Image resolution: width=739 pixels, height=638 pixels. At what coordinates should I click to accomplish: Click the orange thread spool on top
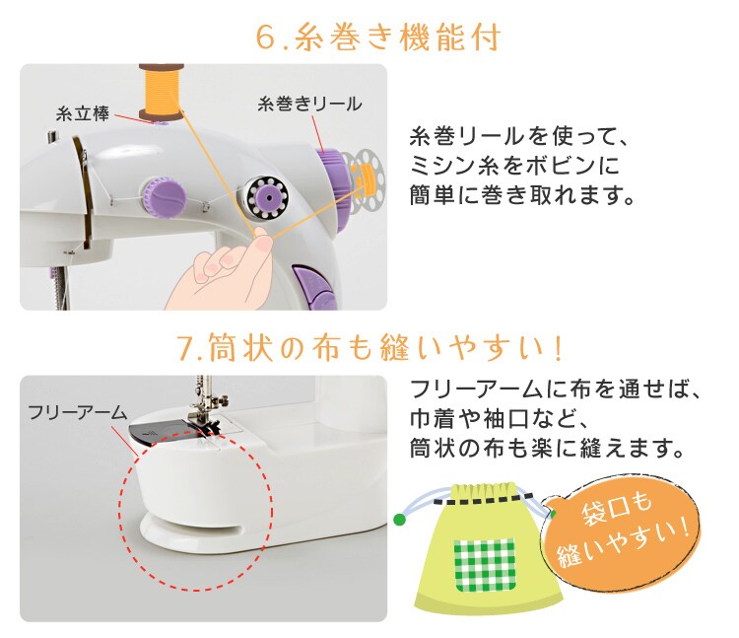[161, 92]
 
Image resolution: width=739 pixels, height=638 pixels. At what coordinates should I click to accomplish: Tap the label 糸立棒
[83, 114]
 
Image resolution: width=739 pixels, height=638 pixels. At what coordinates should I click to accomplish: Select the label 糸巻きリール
[309, 105]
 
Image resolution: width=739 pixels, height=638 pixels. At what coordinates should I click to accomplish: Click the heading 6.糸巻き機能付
[377, 36]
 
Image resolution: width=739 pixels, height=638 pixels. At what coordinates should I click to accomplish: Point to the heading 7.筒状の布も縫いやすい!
[370, 347]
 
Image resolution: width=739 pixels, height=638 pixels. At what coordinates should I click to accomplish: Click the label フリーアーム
[78, 412]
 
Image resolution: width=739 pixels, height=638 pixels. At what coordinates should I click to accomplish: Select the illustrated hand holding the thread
[219, 272]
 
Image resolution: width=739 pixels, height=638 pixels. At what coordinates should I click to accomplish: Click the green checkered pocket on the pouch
[485, 565]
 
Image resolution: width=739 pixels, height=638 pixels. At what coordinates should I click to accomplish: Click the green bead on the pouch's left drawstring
[400, 520]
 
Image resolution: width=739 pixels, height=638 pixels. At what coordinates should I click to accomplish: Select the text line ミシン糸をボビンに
[513, 166]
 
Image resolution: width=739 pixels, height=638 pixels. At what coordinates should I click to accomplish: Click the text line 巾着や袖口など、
[499, 419]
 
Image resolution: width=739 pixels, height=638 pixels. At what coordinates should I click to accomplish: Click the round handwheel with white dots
[268, 198]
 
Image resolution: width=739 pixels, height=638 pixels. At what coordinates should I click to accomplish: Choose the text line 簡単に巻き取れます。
[522, 194]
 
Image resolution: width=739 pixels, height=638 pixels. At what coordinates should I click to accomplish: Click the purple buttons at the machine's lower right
[314, 288]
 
